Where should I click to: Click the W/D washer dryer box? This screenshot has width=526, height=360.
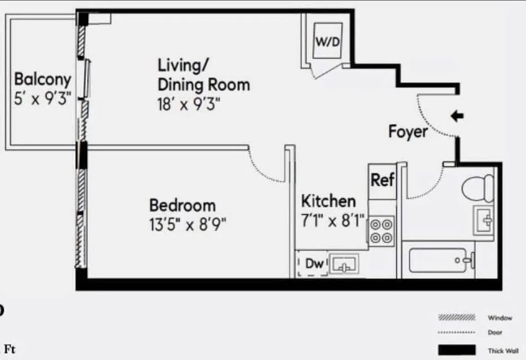(327, 41)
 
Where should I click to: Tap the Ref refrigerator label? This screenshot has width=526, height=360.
(382, 180)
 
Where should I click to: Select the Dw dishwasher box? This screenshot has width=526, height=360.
(314, 264)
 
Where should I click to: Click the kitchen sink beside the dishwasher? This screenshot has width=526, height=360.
(344, 264)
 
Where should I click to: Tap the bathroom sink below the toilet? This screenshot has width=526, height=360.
(484, 220)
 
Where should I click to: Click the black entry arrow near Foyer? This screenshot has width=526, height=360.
(457, 117)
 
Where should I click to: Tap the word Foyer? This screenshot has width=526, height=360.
(408, 132)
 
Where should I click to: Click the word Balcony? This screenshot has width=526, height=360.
(43, 79)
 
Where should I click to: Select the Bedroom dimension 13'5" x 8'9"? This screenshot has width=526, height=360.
(187, 224)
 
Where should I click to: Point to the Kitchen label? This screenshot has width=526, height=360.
(328, 201)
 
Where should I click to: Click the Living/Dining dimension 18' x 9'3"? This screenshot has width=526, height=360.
(189, 104)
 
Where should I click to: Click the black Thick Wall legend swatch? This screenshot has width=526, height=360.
(457, 350)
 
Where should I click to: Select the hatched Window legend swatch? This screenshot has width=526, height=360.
(457, 318)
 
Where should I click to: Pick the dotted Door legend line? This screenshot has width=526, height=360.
(457, 333)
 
